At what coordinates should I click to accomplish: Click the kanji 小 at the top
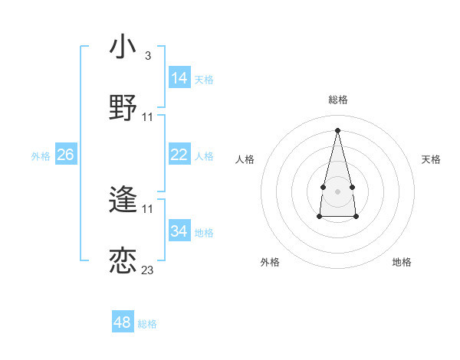tap(123, 47)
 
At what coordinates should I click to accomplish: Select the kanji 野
tap(123, 108)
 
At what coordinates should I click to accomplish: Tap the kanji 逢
tap(123, 200)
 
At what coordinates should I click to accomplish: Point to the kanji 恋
tap(123, 261)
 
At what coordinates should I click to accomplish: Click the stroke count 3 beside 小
tap(147, 55)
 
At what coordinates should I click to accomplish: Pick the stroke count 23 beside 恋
tap(147, 270)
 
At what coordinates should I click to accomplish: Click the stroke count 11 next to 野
tap(148, 116)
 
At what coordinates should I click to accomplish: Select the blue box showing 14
tap(179, 78)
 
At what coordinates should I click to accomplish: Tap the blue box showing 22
tap(179, 155)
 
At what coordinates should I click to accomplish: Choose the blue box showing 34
tap(179, 231)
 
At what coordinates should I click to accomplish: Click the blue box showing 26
tap(65, 155)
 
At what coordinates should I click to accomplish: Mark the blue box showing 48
tap(123, 322)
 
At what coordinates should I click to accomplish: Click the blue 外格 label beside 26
tap(41, 156)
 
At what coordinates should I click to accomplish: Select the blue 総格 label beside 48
tap(147, 324)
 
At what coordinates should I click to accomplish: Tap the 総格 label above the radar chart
tap(338, 100)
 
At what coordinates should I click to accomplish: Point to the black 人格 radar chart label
tap(245, 159)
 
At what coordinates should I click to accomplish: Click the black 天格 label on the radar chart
tap(432, 159)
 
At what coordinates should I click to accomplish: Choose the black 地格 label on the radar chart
tap(402, 262)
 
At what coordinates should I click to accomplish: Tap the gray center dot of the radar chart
tap(337, 190)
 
